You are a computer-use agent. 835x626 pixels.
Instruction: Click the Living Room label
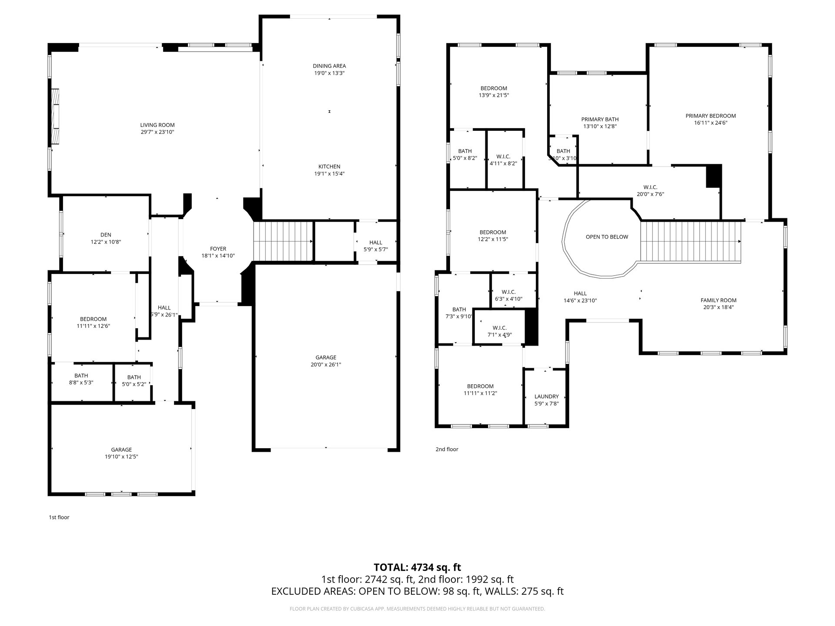click(157, 125)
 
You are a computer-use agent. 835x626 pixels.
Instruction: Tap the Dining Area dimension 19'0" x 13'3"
click(330, 73)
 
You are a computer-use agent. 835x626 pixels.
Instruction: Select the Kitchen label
click(329, 166)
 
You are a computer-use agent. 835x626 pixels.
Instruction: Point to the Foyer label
click(218, 249)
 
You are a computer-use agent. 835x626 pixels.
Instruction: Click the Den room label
click(106, 235)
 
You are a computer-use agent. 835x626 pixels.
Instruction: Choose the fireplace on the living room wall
click(55, 116)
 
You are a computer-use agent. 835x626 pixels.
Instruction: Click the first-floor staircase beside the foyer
click(283, 242)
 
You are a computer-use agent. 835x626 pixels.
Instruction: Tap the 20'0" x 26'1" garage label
click(326, 365)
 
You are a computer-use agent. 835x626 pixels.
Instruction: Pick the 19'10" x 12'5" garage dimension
click(121, 457)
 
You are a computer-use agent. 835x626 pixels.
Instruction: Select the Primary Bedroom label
click(711, 116)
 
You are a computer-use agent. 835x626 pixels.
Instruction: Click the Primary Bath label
click(600, 120)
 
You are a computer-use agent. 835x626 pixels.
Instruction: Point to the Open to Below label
click(607, 237)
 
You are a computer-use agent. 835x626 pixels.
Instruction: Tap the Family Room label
click(718, 300)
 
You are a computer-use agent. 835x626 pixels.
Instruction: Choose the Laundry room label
click(547, 396)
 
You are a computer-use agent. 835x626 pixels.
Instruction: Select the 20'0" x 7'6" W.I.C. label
click(650, 194)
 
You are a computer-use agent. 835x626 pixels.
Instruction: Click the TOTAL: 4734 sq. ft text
click(417, 567)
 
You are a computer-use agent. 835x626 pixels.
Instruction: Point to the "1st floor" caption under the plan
click(59, 517)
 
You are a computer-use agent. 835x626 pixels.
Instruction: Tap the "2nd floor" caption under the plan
click(447, 449)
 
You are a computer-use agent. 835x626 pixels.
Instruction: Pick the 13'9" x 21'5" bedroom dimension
click(494, 95)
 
